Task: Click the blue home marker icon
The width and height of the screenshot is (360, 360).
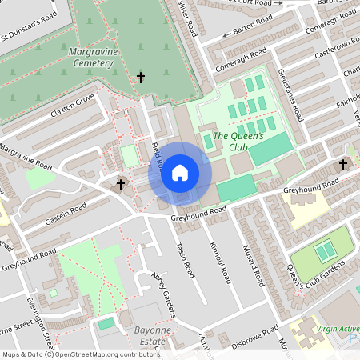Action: click(180, 172)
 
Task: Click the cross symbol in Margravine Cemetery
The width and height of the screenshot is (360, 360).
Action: click(142, 78)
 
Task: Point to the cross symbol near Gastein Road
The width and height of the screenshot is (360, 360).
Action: click(121, 186)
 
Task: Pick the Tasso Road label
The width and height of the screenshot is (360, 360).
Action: click(186, 260)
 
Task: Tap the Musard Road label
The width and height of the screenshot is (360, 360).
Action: click(254, 268)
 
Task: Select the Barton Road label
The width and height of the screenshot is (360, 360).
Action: click(253, 29)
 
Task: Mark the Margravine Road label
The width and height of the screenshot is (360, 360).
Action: click(26, 158)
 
